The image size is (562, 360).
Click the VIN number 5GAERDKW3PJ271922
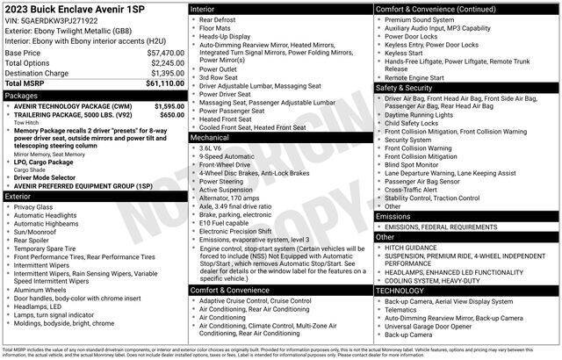point(66,20)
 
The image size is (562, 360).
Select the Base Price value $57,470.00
point(162,53)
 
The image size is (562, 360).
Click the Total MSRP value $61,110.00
point(162,83)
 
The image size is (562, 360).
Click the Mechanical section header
point(210,137)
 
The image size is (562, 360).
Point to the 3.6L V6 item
point(211,148)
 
